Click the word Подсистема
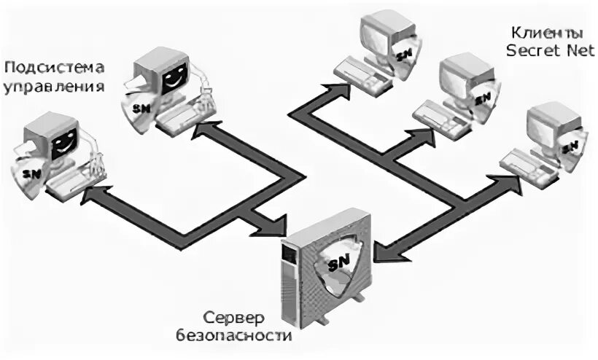point(55,68)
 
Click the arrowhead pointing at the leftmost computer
point(91,195)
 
